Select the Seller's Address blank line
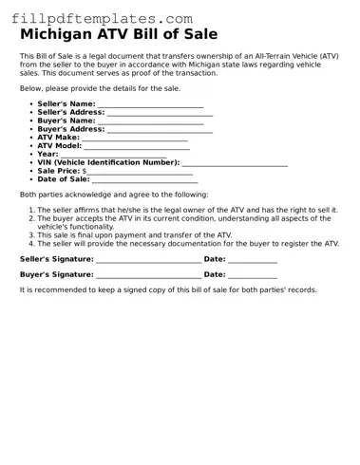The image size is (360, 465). coord(160,113)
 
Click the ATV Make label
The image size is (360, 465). coord(59,138)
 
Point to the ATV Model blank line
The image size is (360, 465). coord(136,146)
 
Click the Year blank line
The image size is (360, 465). coord(113,155)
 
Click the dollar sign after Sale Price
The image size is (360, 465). coord(85,171)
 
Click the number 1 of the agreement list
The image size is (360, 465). coord(31,210)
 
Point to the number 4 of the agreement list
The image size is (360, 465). coord(31,243)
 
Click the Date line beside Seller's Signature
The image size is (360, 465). coord(253,259)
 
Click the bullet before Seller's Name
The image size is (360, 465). coord(31,104)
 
